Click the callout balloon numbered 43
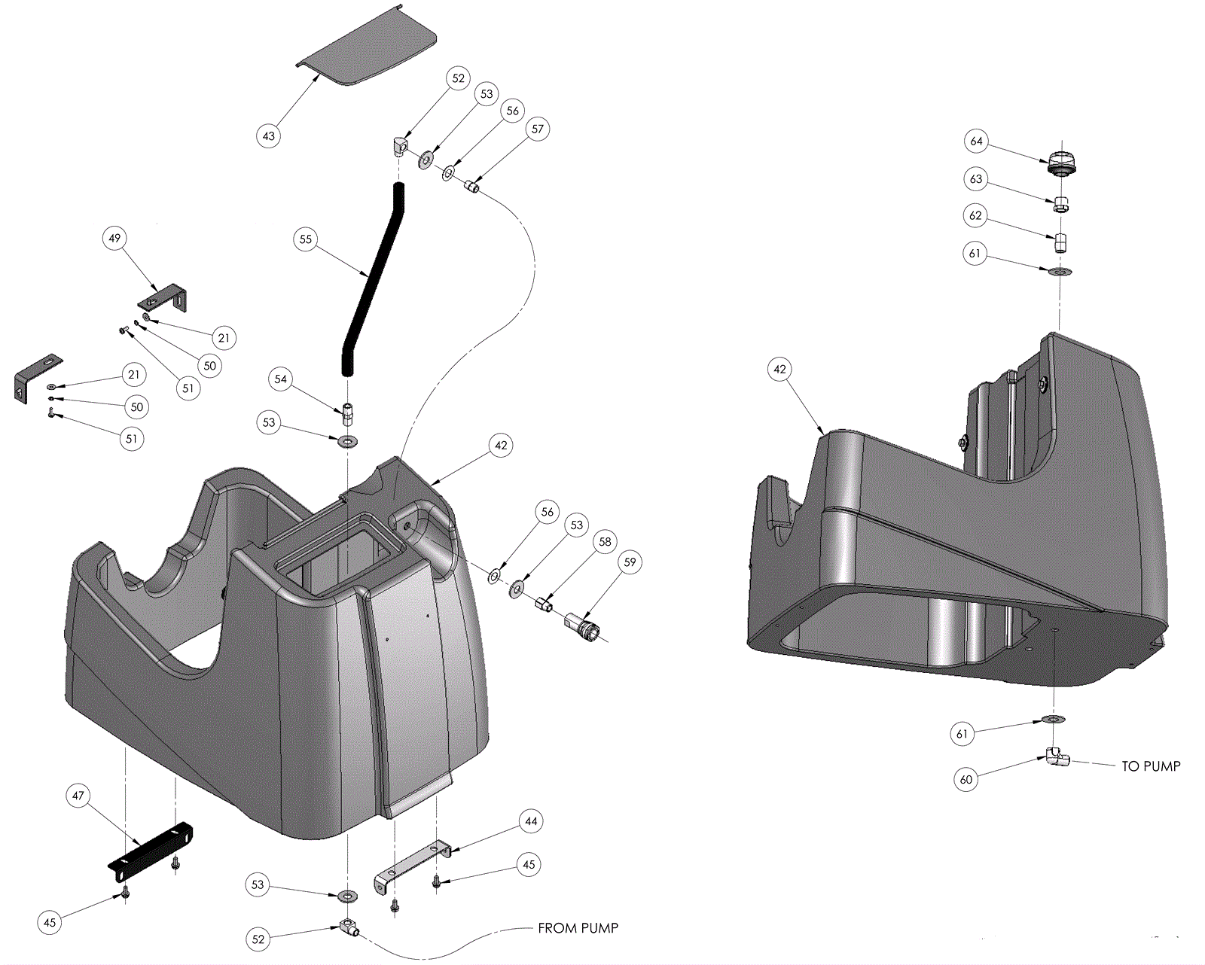(x=269, y=136)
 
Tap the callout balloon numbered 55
(x=305, y=239)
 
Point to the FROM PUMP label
(x=578, y=928)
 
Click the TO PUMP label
(x=1151, y=766)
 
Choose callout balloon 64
(x=976, y=142)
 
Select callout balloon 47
(x=78, y=796)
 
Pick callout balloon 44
(x=531, y=821)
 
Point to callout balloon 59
(x=630, y=562)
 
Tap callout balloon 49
(x=114, y=239)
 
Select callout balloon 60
(x=966, y=780)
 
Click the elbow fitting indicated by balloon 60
(x=1057, y=757)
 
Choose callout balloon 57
(x=537, y=129)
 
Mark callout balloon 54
(x=281, y=379)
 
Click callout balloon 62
(x=975, y=216)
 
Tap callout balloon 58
(x=605, y=542)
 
